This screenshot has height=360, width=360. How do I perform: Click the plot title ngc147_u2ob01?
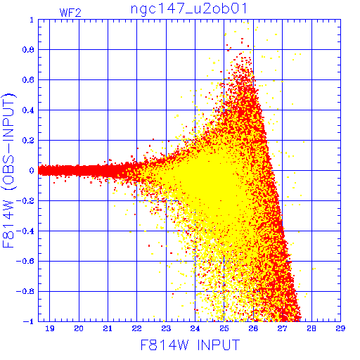188,9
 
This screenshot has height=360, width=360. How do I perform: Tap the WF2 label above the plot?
70,13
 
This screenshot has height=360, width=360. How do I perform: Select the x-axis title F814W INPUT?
190,345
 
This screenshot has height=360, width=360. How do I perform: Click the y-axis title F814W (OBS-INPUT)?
8,170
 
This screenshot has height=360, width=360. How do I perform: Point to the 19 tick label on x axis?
50,328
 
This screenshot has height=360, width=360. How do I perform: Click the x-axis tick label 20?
79,328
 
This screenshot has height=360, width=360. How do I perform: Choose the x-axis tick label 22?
136,328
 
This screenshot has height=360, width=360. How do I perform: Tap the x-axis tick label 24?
195,328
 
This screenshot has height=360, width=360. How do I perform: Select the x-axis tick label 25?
224,328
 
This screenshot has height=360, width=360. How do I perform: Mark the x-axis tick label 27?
282,328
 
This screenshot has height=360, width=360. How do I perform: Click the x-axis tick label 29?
340,328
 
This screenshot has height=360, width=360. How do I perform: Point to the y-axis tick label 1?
32,20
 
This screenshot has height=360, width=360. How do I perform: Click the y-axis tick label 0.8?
28,50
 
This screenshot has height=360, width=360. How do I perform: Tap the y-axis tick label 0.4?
28,110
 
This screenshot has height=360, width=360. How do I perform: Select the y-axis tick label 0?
32,170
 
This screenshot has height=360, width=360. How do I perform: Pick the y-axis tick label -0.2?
25,201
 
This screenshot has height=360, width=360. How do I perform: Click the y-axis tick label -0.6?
25,261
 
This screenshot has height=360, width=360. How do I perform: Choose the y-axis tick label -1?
29,321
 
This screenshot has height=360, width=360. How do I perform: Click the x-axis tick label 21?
108,328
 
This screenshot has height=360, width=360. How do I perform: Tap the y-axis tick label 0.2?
28,141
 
